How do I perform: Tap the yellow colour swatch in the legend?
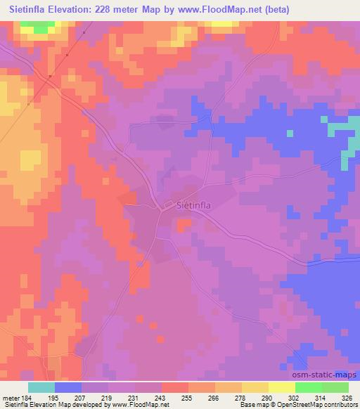pyautogui.click(x=281, y=387)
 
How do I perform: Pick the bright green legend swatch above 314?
pyautogui.click(x=308, y=387)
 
